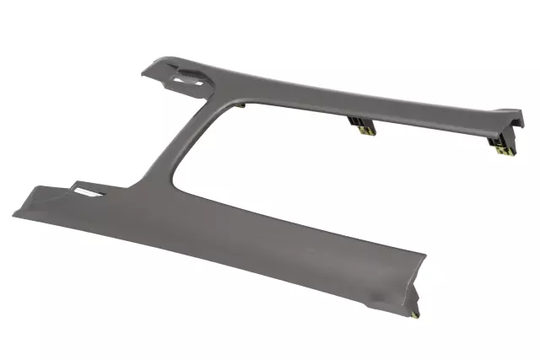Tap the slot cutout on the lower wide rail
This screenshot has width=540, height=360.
(x=88, y=191)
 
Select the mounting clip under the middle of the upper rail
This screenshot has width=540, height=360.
(x=363, y=126)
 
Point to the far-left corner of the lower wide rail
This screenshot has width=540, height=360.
(x=14, y=212)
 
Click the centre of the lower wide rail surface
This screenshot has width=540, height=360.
(x=219, y=236)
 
